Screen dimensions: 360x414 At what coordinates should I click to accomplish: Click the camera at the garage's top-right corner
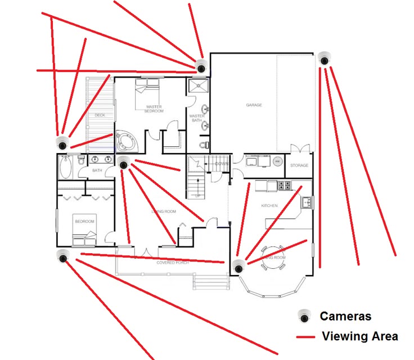click(x=323, y=58)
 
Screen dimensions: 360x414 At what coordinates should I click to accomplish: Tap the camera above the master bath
click(x=201, y=66)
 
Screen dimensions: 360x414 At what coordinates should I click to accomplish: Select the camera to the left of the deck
click(x=62, y=142)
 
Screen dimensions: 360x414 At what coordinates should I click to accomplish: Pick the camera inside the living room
click(x=124, y=163)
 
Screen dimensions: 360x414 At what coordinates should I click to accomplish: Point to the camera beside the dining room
click(x=238, y=266)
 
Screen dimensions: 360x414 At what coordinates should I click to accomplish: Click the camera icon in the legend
click(x=305, y=316)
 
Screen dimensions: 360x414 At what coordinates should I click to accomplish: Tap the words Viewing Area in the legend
click(x=359, y=336)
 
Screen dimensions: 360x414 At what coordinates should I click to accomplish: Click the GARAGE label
click(x=254, y=105)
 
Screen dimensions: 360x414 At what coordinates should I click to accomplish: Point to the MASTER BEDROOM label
click(x=154, y=109)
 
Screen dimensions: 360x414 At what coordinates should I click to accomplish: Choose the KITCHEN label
click(x=269, y=206)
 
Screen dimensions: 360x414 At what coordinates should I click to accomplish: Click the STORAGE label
click(x=299, y=166)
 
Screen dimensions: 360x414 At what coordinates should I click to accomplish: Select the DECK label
click(x=100, y=115)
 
